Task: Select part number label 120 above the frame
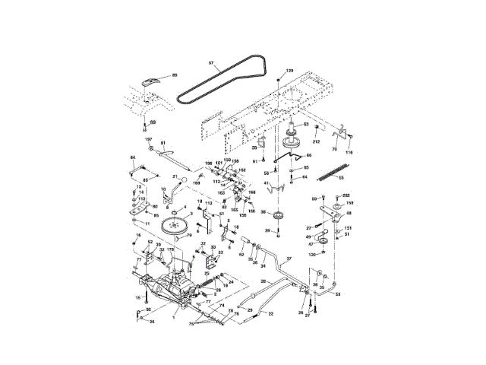tap(289, 70)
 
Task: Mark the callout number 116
tap(350, 154)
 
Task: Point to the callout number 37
tap(288, 259)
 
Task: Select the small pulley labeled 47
tap(323, 243)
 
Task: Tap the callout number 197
tap(150, 140)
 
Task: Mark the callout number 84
tap(133, 157)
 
